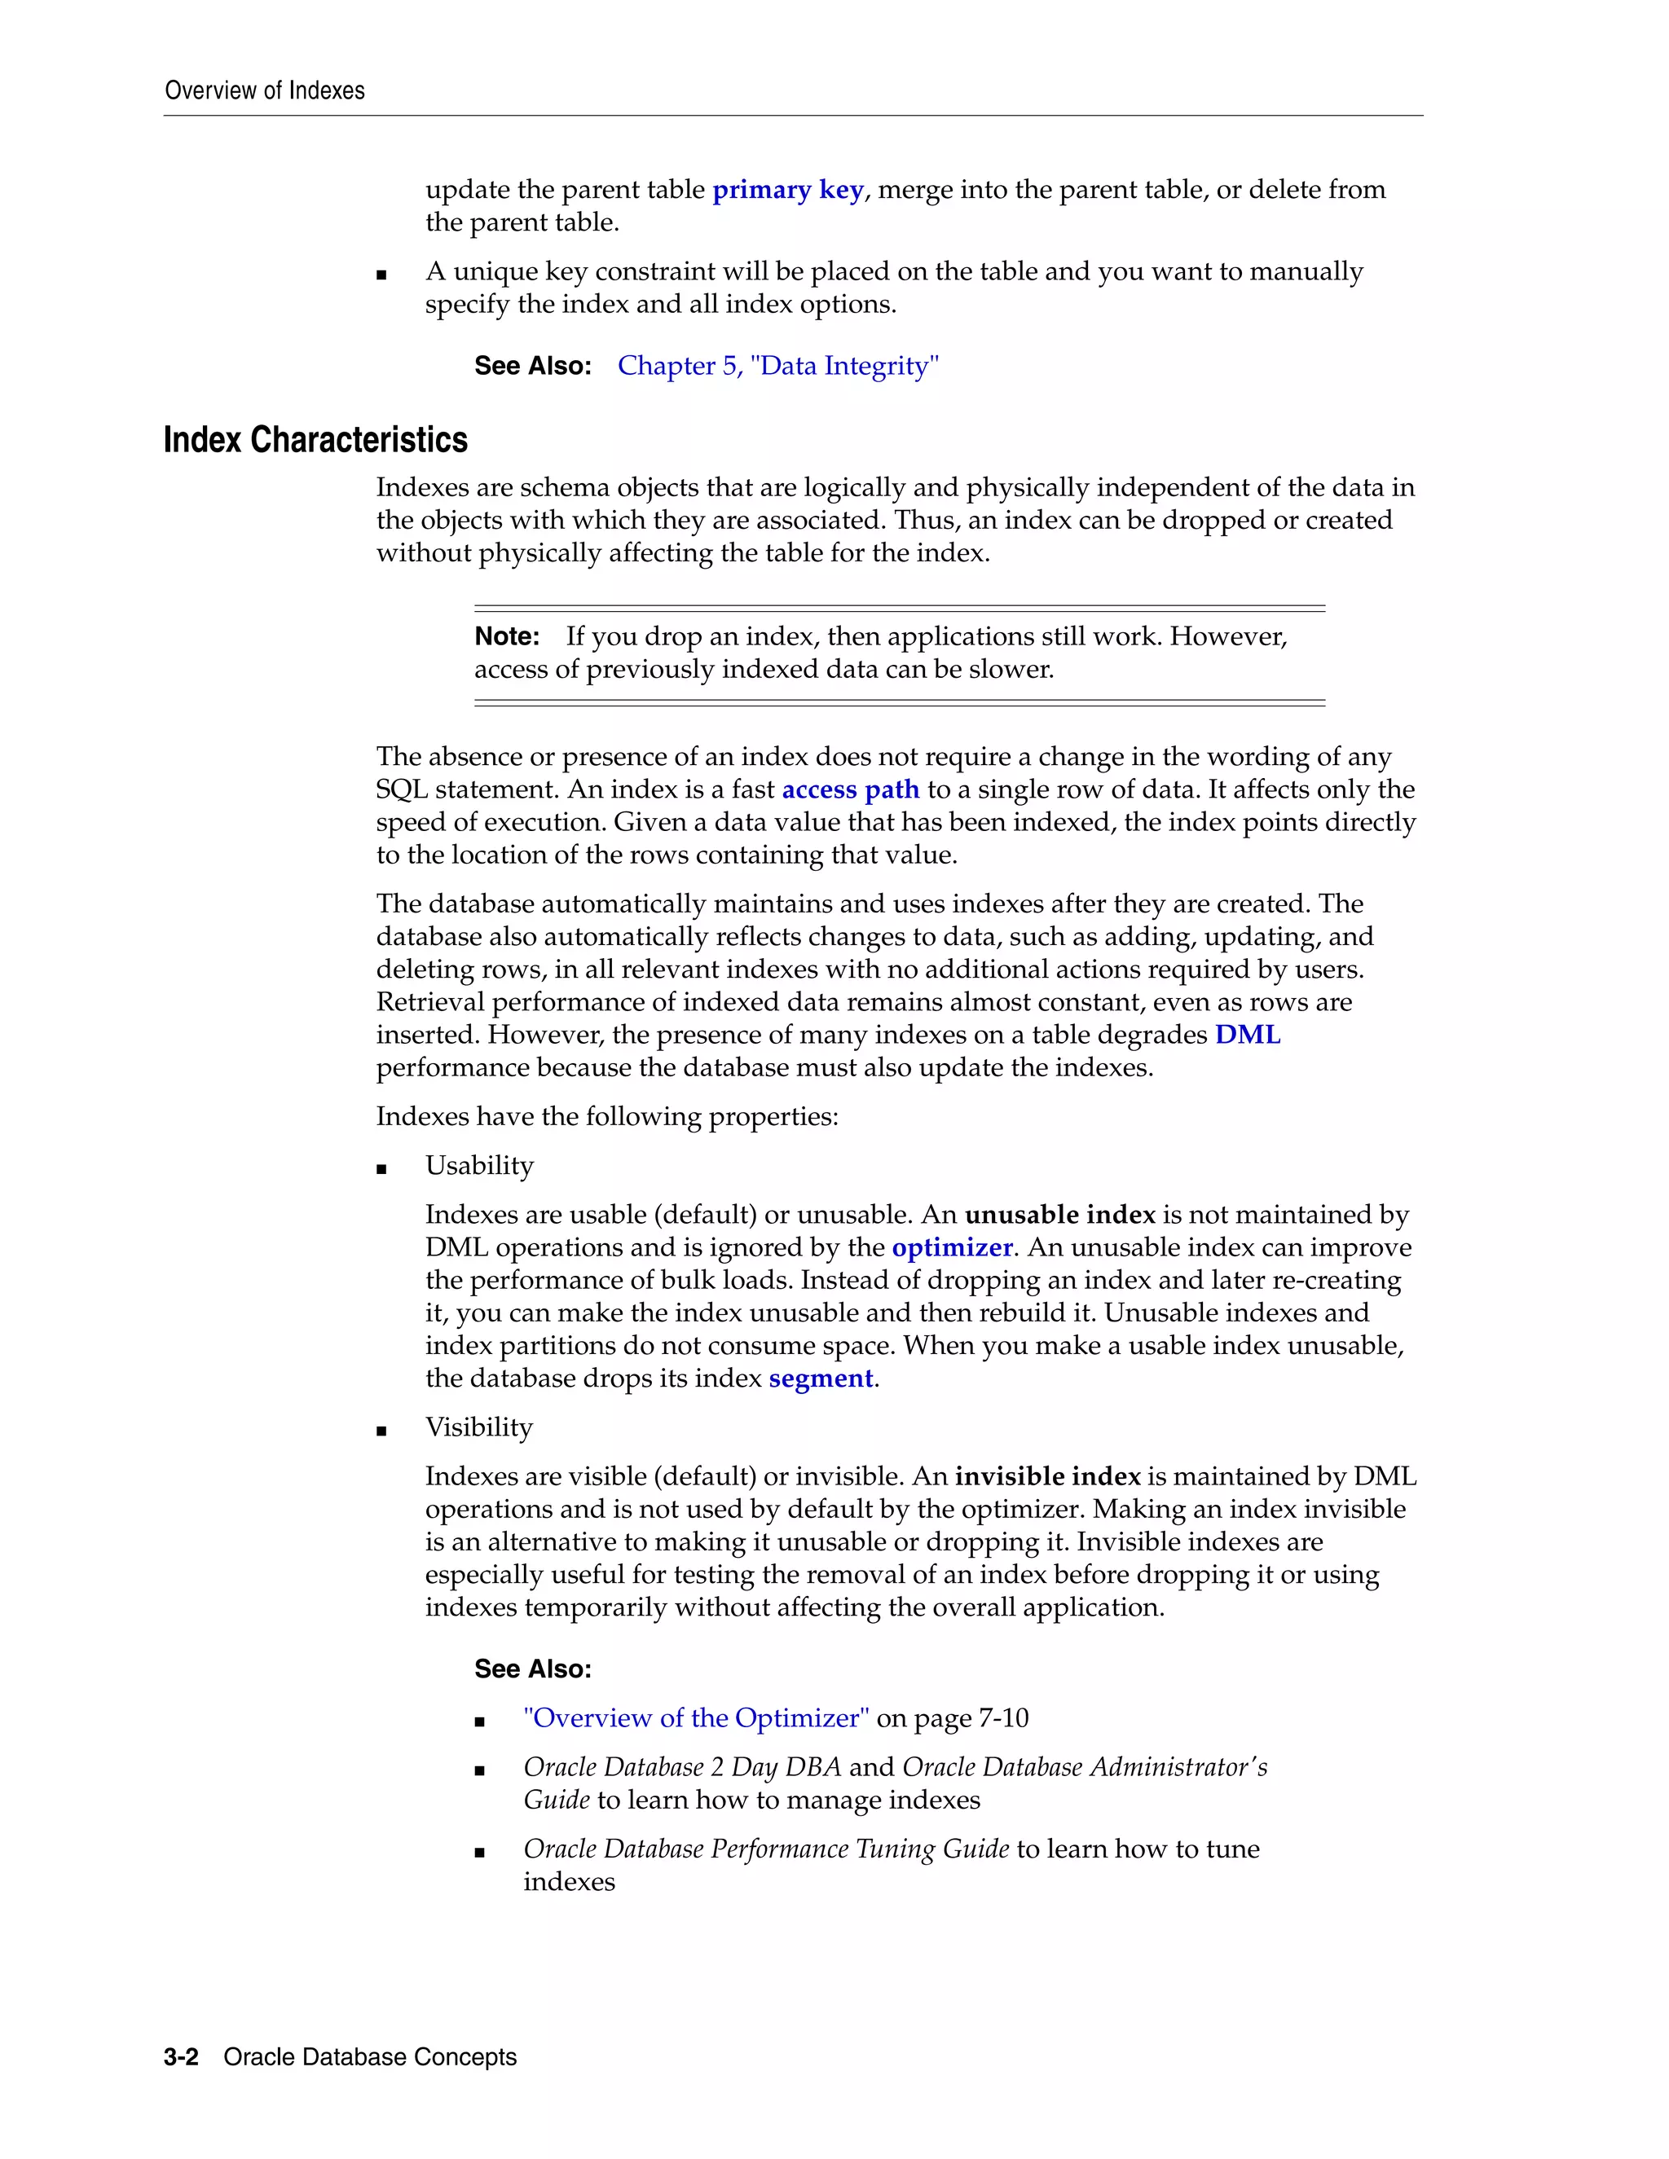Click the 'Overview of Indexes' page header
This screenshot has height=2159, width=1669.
(264, 91)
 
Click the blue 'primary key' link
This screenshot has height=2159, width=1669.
(788, 190)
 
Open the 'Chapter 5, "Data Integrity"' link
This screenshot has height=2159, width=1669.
(777, 366)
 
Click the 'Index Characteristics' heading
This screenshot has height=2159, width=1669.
(315, 440)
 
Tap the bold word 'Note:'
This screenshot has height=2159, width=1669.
(506, 636)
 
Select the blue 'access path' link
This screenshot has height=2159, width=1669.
(850, 789)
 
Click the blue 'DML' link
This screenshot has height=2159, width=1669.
(1247, 1035)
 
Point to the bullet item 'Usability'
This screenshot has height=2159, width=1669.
(479, 1166)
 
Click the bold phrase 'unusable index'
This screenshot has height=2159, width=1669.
(1060, 1215)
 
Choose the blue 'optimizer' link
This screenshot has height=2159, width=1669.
(952, 1247)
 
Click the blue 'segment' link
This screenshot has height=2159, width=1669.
(821, 1379)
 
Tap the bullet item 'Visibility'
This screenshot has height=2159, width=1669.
(478, 1427)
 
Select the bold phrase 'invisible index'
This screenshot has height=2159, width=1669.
(1047, 1477)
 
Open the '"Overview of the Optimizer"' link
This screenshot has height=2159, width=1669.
(696, 1718)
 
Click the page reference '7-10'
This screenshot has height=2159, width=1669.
(1002, 1718)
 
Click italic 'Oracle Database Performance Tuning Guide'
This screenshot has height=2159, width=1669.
(766, 1849)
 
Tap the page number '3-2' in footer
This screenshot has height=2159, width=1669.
(181, 2057)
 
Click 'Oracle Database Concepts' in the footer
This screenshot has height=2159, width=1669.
(370, 2057)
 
